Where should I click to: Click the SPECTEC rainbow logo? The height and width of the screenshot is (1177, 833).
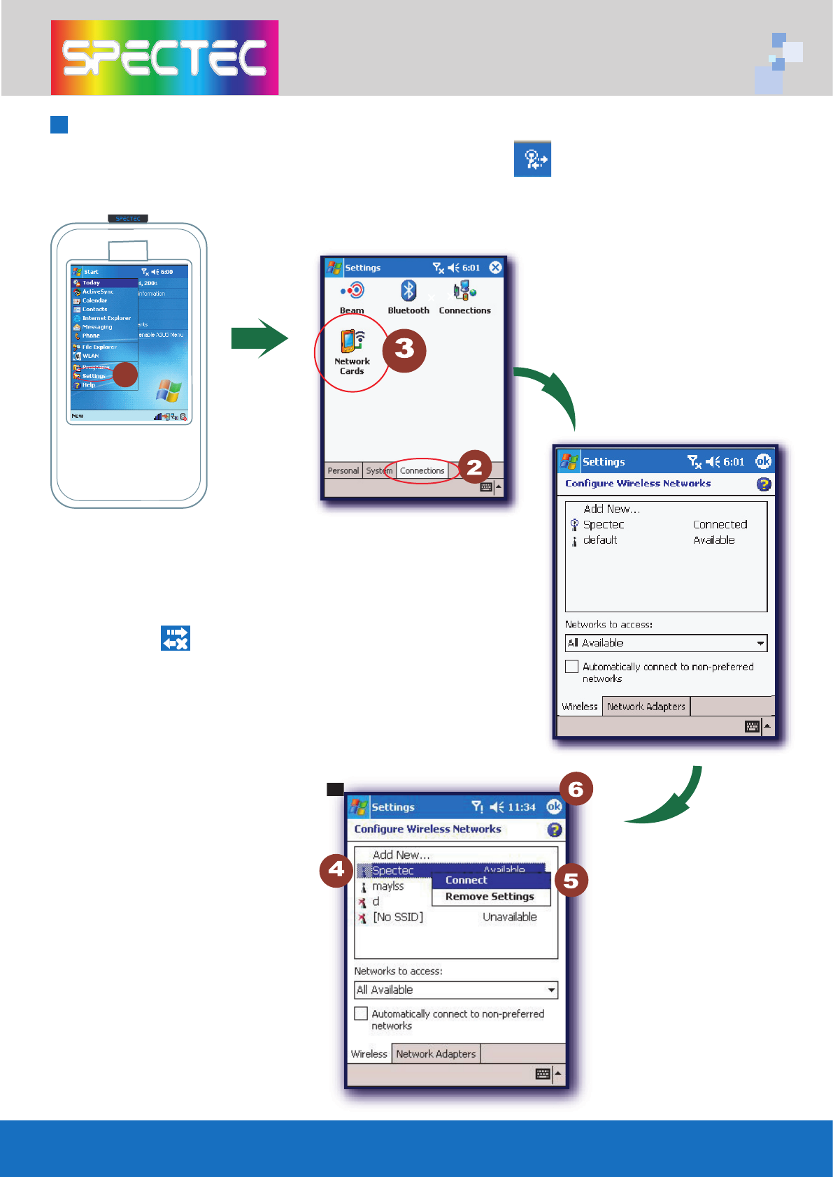click(x=164, y=57)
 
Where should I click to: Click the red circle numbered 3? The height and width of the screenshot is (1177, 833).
click(x=404, y=350)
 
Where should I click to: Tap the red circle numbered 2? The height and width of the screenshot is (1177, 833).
click(x=474, y=468)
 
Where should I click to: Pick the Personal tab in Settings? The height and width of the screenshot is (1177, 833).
click(x=343, y=470)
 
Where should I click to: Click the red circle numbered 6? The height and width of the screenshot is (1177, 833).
click(x=576, y=789)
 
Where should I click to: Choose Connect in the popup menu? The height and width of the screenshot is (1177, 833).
click(x=467, y=880)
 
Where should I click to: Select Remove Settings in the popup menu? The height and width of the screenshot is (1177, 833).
click(x=490, y=897)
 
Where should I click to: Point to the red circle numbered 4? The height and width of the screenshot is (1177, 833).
click(x=336, y=870)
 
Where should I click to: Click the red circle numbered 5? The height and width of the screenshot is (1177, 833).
click(x=571, y=880)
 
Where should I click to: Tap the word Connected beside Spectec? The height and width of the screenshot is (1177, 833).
click(x=720, y=524)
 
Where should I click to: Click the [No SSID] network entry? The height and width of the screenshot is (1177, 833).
click(x=397, y=917)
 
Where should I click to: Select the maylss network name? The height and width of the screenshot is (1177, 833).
click(x=388, y=886)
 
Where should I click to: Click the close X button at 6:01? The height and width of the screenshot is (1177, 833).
click(x=495, y=267)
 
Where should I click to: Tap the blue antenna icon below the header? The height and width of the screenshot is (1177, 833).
click(x=532, y=159)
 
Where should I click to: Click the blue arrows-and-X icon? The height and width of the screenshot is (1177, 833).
click(x=176, y=638)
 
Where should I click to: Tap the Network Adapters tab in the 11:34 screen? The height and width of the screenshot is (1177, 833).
click(x=436, y=1054)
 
